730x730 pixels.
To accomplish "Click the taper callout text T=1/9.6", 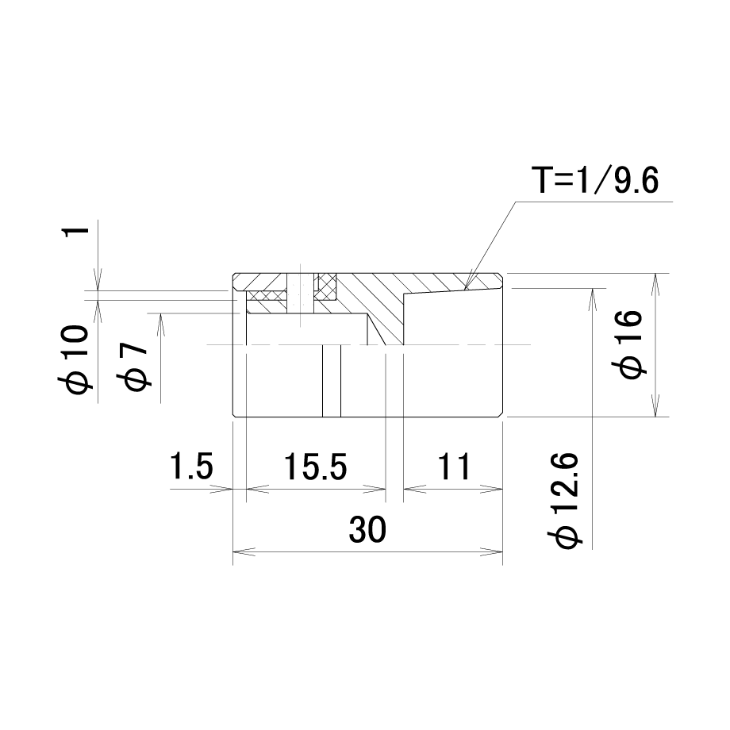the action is (595, 181).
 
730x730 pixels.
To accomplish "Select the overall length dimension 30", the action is (367, 529).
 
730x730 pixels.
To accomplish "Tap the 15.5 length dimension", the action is (316, 467).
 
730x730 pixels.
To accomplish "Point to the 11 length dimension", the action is (454, 467).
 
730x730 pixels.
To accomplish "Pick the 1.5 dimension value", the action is (191, 466).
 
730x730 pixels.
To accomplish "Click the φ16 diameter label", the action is (631, 344).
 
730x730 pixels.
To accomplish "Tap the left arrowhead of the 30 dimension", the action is (244, 552).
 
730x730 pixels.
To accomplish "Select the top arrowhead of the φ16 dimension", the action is (655, 284).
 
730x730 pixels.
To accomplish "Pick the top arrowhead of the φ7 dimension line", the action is (160, 325).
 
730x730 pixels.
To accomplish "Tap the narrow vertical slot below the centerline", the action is (332, 381).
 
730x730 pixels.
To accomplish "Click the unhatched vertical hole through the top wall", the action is (300, 293).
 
